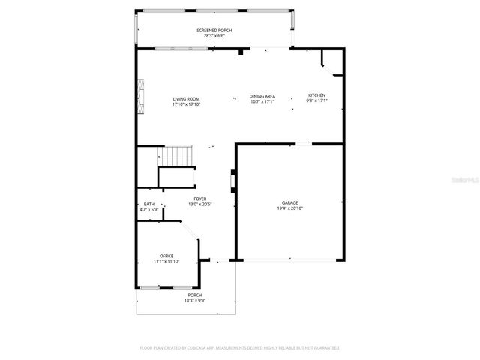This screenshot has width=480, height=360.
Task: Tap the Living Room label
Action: (186, 98)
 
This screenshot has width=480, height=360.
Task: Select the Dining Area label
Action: (262, 96)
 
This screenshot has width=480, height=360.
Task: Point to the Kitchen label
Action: (316, 95)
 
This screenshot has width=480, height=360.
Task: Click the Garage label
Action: (289, 202)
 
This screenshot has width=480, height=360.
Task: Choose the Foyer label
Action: (200, 199)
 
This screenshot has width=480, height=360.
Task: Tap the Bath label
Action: (149, 204)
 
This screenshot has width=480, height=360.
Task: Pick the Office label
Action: (166, 256)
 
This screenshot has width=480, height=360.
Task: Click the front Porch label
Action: (194, 295)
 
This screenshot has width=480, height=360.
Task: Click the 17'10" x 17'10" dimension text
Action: (186, 103)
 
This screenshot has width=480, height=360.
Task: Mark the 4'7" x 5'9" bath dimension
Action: (149, 209)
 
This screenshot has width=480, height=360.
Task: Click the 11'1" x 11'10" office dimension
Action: (166, 261)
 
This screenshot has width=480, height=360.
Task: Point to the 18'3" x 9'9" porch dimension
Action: (194, 301)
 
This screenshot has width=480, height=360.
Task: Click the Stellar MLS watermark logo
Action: (465, 180)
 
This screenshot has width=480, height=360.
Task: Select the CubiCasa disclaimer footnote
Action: (240, 348)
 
